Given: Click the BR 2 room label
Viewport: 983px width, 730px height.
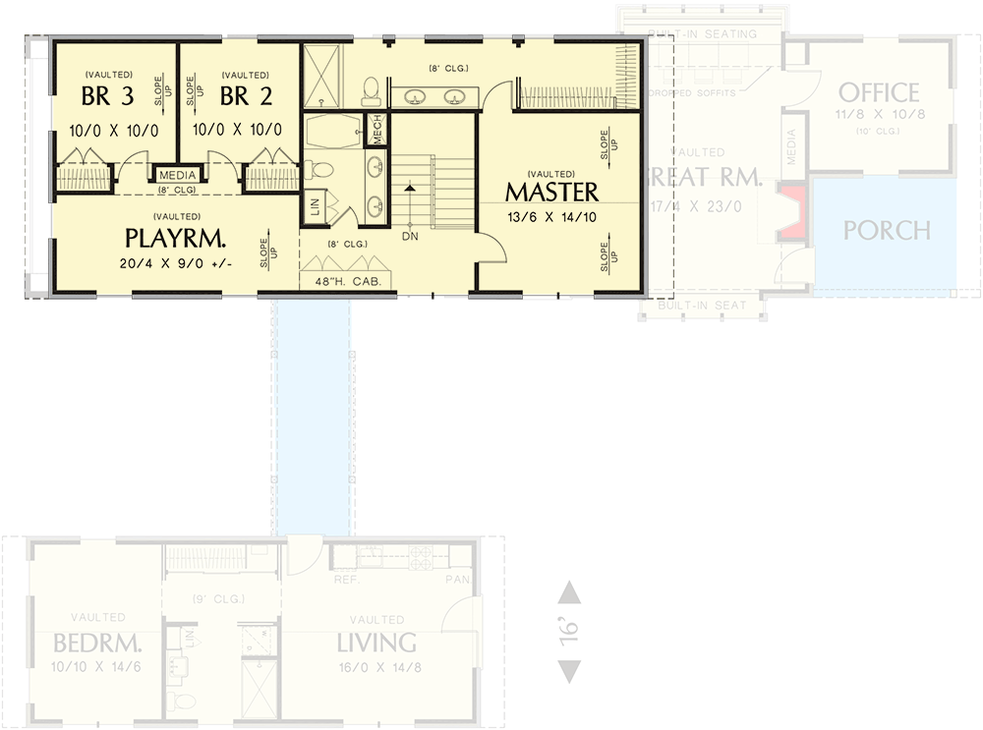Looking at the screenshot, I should pyautogui.click(x=237, y=98).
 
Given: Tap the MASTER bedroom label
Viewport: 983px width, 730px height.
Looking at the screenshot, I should pyautogui.click(x=551, y=191).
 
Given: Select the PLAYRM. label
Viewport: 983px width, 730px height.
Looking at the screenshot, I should pyautogui.click(x=176, y=238).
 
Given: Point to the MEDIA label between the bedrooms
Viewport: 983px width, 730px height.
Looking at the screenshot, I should pyautogui.click(x=177, y=176).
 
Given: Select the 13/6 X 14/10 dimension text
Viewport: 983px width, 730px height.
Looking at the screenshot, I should pyautogui.click(x=550, y=217).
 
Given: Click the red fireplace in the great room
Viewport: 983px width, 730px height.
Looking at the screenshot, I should pyautogui.click(x=793, y=210).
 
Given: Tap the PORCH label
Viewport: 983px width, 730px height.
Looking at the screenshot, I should pyautogui.click(x=887, y=231).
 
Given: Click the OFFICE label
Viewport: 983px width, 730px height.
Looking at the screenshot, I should pyautogui.click(x=879, y=93).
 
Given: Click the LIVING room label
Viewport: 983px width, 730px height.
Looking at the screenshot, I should pyautogui.click(x=376, y=644).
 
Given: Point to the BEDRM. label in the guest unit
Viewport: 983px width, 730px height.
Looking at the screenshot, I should pyautogui.click(x=97, y=645).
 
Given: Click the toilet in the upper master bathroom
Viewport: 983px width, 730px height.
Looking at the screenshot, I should pyautogui.click(x=371, y=94).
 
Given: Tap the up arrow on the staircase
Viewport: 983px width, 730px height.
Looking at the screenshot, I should pyautogui.click(x=408, y=187).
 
